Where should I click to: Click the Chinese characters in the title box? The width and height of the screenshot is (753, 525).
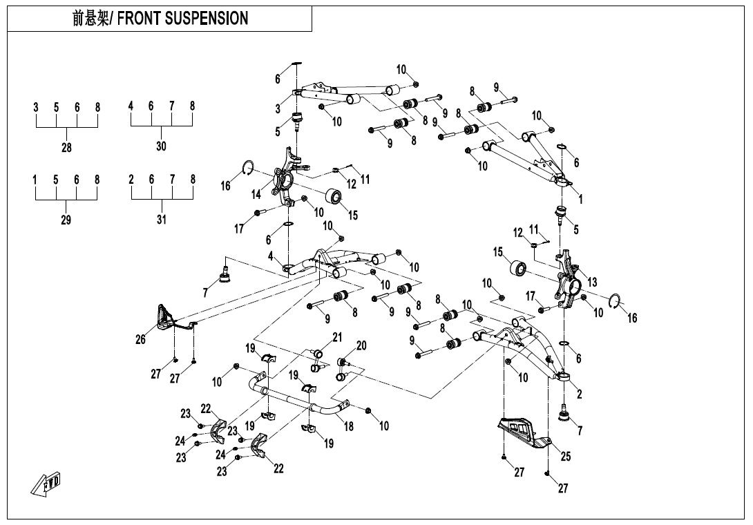[90, 19]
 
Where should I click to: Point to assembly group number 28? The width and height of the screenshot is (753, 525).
[66, 147]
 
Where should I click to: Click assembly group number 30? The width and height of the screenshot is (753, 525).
[161, 146]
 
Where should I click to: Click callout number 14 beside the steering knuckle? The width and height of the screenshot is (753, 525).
[256, 195]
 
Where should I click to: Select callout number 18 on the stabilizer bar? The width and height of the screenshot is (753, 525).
[349, 426]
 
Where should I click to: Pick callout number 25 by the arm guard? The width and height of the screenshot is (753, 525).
[566, 457]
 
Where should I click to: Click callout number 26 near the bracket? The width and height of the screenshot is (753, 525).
[141, 339]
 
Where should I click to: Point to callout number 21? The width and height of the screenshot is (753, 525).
[337, 337]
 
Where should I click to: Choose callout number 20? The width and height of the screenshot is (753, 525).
[361, 345]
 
